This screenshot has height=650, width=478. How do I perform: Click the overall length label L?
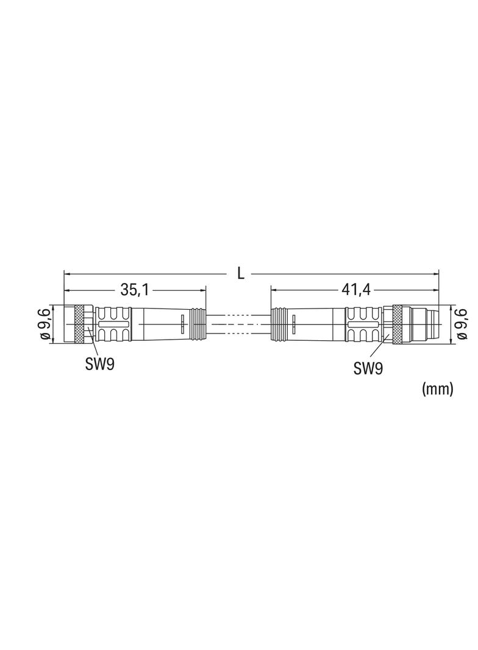pyautogui.click(x=240, y=273)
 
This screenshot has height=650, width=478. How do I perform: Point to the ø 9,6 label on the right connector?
pyautogui.click(x=462, y=324)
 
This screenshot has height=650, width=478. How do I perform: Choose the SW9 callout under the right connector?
pyautogui.click(x=368, y=368)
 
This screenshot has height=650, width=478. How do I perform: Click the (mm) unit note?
pyautogui.click(x=437, y=389)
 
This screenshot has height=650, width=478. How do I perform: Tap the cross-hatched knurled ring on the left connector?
pyautogui.click(x=83, y=324)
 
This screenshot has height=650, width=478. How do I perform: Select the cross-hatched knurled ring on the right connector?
pyautogui.click(x=397, y=324)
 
